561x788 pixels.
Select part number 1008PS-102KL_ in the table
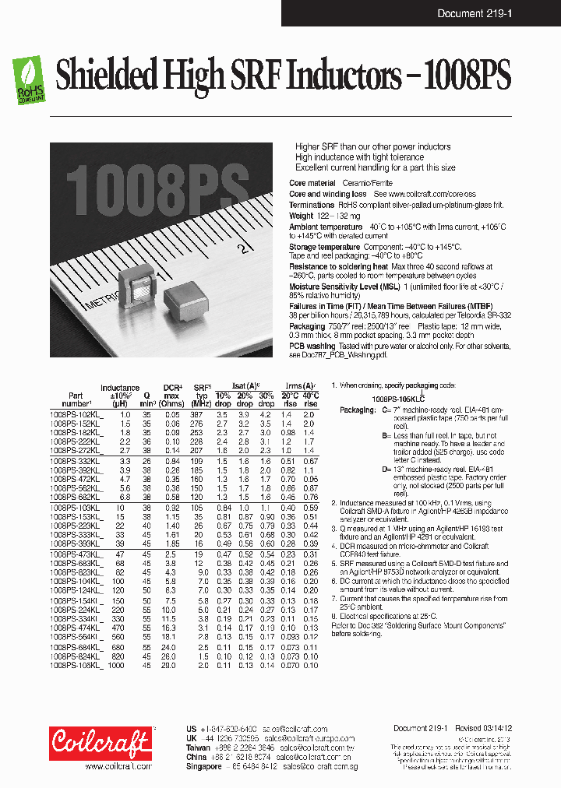(x=71, y=415)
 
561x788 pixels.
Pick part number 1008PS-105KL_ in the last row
(x=71, y=666)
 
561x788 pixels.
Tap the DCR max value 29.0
(x=171, y=666)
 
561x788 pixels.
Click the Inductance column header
(x=119, y=388)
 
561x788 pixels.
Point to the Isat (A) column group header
(x=245, y=386)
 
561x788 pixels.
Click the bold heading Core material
(x=312, y=183)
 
